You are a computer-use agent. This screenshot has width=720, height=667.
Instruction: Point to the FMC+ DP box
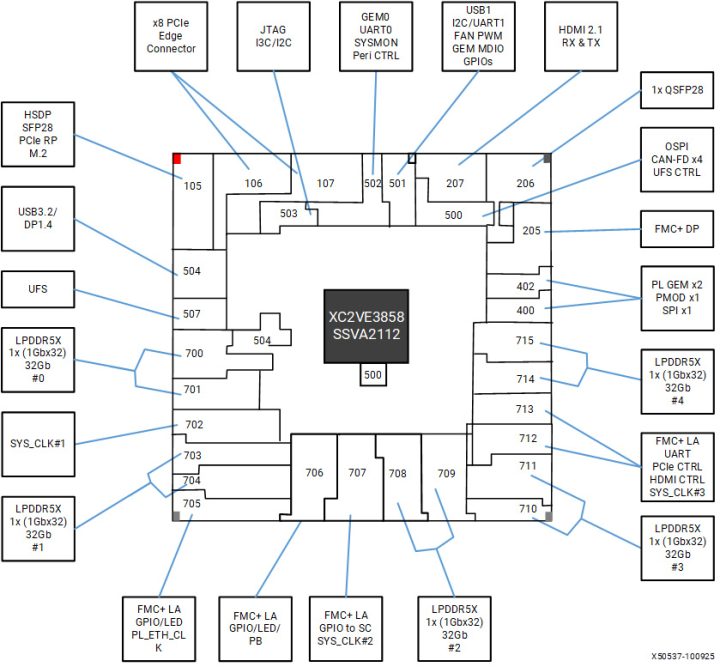[676, 230]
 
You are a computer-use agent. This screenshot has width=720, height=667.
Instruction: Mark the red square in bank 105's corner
[177, 158]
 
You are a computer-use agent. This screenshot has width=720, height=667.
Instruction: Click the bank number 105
[192, 186]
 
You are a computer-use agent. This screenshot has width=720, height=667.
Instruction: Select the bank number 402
[525, 287]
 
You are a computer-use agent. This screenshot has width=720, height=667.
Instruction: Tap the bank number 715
[525, 342]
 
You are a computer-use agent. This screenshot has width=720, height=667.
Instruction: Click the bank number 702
[193, 425]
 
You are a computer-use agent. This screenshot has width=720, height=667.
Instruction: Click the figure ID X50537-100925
[675, 657]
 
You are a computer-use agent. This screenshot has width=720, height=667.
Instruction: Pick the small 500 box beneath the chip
[372, 375]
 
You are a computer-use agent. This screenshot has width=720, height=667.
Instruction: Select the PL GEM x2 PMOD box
[676, 297]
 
